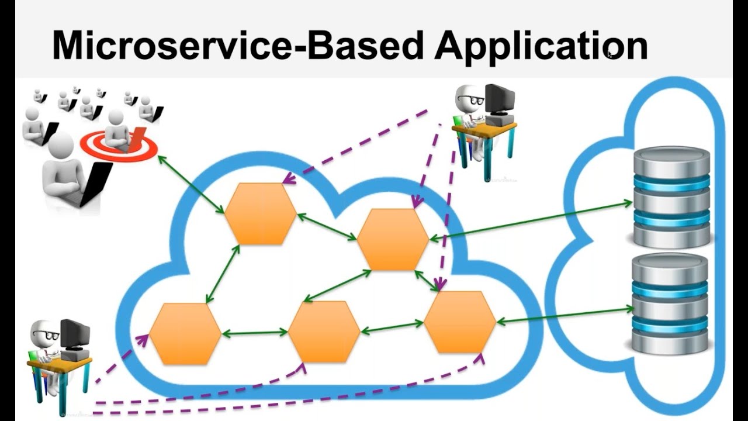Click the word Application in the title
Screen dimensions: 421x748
pyautogui.click(x=541, y=46)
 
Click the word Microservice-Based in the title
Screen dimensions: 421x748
pyautogui.click(x=237, y=46)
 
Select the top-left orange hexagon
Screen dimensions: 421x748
pyautogui.click(x=261, y=213)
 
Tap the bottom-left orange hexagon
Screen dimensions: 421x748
pyautogui.click(x=185, y=334)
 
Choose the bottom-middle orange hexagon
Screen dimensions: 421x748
pyautogui.click(x=324, y=332)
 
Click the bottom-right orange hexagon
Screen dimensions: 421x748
pyautogui.click(x=460, y=322)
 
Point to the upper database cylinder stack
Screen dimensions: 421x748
pyautogui.click(x=671, y=197)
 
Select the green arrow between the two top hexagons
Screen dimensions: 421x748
pyautogui.click(x=327, y=227)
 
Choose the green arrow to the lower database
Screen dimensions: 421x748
pyautogui.click(x=565, y=315)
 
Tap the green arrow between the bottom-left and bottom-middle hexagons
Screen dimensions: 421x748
pyautogui.click(x=254, y=333)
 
